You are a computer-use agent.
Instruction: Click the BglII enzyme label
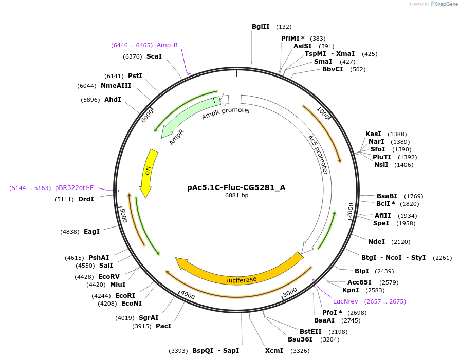(x=261, y=27)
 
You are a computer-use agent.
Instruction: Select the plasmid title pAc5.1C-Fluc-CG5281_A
(x=236, y=187)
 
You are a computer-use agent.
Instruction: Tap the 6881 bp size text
(x=236, y=195)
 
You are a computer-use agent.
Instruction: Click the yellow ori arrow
(x=148, y=172)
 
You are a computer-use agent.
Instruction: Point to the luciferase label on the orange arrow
(x=242, y=279)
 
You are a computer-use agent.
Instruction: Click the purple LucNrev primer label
(x=345, y=301)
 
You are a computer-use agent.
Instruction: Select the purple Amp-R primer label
(x=167, y=45)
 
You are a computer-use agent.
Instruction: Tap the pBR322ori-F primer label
(x=75, y=188)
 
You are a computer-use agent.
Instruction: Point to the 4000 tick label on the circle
(x=188, y=296)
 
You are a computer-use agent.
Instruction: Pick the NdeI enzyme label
(x=376, y=241)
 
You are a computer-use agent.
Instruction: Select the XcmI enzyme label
(x=274, y=351)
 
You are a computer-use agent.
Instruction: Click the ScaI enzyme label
(x=154, y=56)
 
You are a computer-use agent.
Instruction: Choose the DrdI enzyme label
(x=86, y=199)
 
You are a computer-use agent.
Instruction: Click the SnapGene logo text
(x=445, y=4)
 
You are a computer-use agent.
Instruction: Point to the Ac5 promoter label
(x=318, y=155)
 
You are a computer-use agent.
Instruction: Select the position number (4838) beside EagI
(x=70, y=232)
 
